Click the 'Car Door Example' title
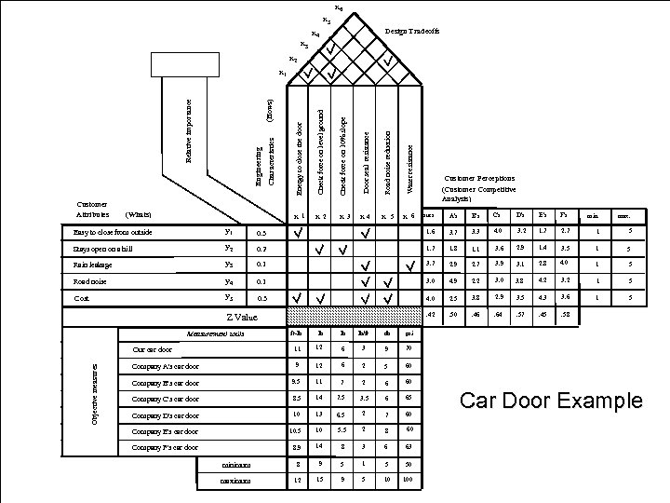pos(552,401)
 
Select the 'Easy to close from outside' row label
pos(108,232)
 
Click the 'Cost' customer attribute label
pos(81,298)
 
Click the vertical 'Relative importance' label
pos(190,121)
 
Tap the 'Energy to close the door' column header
pos(298,158)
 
